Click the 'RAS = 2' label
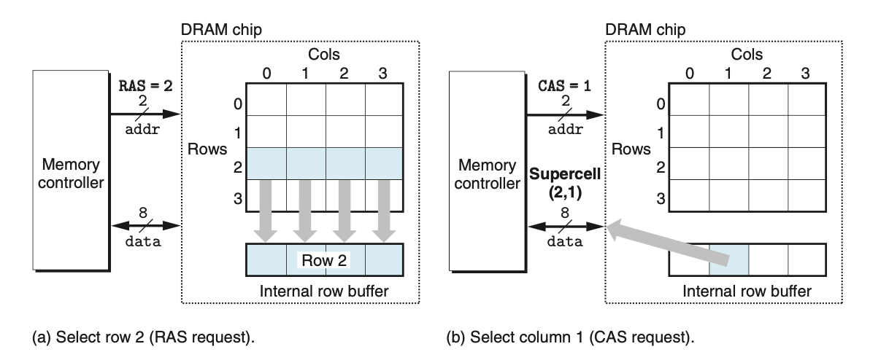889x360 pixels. click(146, 86)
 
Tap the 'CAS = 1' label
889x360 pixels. click(564, 86)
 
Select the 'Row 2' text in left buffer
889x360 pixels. click(324, 261)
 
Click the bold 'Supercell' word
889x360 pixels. click(565, 174)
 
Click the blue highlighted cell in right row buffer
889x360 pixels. click(729, 260)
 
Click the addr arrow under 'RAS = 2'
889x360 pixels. click(145, 114)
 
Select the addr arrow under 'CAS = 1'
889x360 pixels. click(565, 115)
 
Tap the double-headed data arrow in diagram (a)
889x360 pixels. click(146, 226)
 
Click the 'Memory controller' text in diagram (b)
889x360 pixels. click(487, 174)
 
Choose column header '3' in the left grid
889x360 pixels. click(382, 74)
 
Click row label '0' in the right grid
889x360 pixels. click(661, 103)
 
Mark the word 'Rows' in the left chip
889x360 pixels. click(207, 149)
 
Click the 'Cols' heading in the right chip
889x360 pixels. click(747, 54)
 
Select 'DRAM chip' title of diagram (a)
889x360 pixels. click(221, 30)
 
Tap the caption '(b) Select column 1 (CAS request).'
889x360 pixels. click(570, 337)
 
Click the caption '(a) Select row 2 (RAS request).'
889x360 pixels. click(143, 337)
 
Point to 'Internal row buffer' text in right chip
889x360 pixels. click(747, 291)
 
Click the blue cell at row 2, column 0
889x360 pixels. click(266, 163)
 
